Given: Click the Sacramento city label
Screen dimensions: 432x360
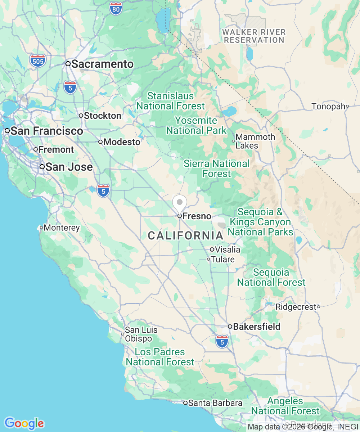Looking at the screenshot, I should point(102,64).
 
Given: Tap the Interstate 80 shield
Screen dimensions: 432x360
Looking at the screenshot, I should point(116,9).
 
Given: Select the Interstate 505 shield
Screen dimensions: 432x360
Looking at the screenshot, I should point(38,61).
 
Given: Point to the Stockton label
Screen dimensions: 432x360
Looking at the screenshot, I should point(102,116).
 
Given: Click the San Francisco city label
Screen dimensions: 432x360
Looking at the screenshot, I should point(47,131).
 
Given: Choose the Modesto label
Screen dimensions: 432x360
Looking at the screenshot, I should point(122,142).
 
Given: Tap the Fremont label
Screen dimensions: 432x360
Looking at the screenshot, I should point(56,149).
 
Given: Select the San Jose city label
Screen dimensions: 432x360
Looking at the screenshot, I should point(69,167).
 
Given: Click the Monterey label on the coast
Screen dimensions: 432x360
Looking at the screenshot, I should point(62,228).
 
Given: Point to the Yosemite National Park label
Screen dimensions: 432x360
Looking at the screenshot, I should point(196,125).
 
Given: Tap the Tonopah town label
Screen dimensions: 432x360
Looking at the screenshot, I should point(328,106).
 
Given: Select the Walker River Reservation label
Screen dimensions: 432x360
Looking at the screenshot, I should point(254,36).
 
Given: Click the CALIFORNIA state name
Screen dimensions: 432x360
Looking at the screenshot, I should point(186,236).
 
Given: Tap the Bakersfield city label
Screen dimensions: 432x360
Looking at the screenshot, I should point(256,327).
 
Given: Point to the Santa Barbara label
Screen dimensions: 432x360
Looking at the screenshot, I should point(215,403).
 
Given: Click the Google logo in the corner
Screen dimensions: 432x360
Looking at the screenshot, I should point(24,423).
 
